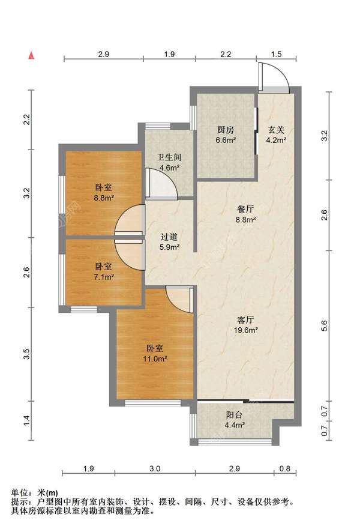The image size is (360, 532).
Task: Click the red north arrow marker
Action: [x=31, y=56]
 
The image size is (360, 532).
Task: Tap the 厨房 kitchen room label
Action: [x=226, y=129]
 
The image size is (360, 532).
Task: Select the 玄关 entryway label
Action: [x=276, y=129]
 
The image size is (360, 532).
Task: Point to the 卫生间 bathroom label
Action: [x=169, y=157]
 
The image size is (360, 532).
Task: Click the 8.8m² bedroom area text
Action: [x=104, y=198]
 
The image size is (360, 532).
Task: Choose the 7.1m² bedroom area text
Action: [x=104, y=277]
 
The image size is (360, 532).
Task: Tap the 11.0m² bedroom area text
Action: [x=155, y=358]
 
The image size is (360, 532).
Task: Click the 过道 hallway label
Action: [x=169, y=237]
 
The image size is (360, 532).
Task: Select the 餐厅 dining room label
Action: [x=245, y=209]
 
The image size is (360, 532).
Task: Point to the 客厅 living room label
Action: [x=245, y=319]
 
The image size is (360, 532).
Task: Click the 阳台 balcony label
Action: [x=235, y=414]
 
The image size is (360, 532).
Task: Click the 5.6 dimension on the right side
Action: [x=325, y=325]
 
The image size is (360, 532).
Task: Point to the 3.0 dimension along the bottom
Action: [x=155, y=468]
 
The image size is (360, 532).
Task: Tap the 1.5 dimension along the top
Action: [x=276, y=54]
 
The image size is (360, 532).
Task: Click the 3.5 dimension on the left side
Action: [x=27, y=354]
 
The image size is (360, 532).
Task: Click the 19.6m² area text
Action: [x=246, y=330]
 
